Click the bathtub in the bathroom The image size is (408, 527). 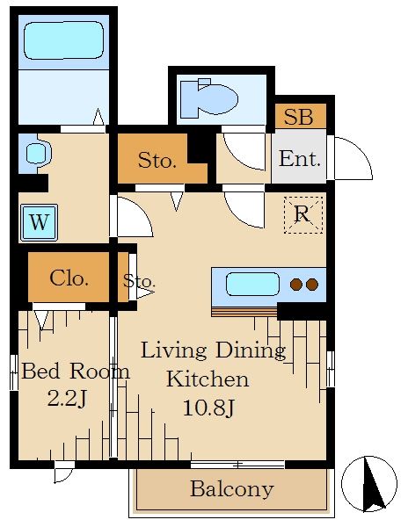(63, 40)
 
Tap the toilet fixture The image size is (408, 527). (209, 98)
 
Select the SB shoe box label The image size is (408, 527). (299, 116)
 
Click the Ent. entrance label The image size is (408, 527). (299, 159)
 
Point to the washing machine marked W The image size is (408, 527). (39, 222)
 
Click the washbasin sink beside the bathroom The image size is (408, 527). (38, 154)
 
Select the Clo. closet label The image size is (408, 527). (69, 278)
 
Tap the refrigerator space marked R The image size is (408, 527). (303, 215)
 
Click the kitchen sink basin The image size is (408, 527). (252, 285)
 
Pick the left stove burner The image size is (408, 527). (296, 285)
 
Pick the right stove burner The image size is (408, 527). (312, 285)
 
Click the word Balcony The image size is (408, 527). (232, 489)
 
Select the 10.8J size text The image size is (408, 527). (208, 408)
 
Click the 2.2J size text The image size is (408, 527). (68, 399)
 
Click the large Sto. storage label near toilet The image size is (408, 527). (157, 161)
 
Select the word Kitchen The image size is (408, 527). (208, 379)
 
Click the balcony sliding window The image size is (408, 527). (237, 465)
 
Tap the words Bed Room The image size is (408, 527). (76, 372)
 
